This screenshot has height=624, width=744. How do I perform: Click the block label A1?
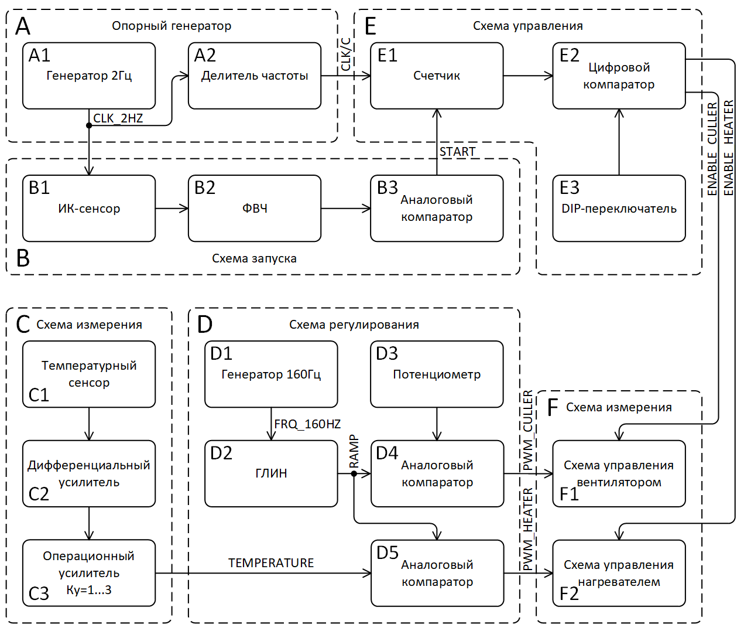(x=39, y=55)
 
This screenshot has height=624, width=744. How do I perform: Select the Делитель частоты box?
(x=255, y=76)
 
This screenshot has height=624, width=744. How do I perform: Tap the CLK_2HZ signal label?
(x=118, y=118)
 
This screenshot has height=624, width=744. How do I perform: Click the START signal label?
(x=457, y=152)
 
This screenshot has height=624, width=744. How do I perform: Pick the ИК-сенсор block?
(x=89, y=209)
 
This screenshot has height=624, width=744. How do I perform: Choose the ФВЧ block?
(x=255, y=209)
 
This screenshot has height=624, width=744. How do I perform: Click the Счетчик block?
(x=437, y=76)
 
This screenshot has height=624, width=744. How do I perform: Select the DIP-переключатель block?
(x=619, y=209)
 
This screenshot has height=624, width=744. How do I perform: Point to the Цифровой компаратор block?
(x=619, y=76)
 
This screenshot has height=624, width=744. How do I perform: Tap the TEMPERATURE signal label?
(x=271, y=563)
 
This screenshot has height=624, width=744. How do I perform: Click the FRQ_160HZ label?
(x=307, y=424)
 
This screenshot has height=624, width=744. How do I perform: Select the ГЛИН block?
(x=271, y=473)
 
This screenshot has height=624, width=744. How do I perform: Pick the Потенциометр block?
(x=437, y=374)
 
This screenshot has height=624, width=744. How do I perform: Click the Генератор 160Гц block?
(x=271, y=374)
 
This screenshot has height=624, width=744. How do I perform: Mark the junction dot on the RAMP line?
(x=354, y=473)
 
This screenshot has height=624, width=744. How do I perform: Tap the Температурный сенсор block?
(x=89, y=374)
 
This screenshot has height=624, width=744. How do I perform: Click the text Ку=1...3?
(x=89, y=590)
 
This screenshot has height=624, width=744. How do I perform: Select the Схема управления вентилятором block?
(x=619, y=473)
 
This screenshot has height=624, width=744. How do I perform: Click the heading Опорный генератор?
(x=172, y=26)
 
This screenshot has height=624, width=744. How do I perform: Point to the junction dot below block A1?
(x=89, y=125)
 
